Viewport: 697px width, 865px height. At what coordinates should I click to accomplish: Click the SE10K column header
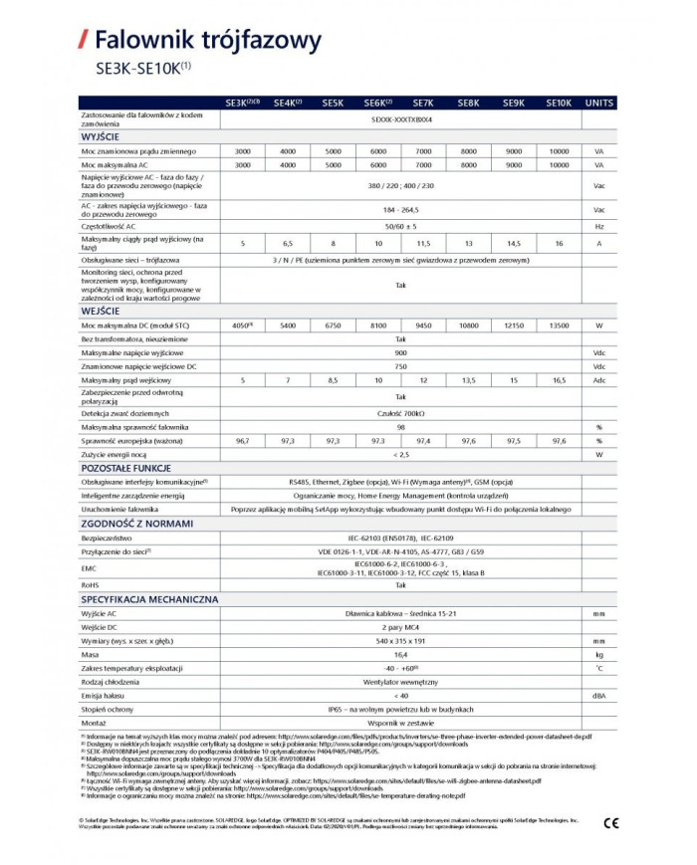click(559, 103)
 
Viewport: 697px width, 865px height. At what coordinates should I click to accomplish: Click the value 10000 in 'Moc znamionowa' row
click(559, 149)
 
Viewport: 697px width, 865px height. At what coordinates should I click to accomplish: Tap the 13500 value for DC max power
click(559, 324)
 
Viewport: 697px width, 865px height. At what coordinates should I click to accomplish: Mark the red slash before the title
click(83, 41)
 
